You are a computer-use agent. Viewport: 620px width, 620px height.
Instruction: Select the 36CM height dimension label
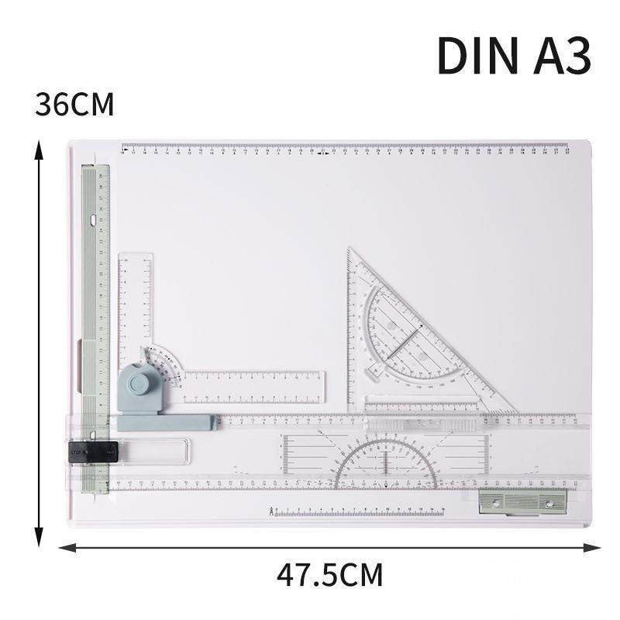point(74,105)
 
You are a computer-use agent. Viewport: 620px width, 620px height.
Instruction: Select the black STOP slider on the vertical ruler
point(92,451)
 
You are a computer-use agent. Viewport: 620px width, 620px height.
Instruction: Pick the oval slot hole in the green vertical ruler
point(95,220)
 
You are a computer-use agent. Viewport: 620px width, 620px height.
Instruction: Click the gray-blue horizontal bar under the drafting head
point(167,422)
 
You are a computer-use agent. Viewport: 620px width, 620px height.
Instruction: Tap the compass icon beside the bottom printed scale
point(270,511)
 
